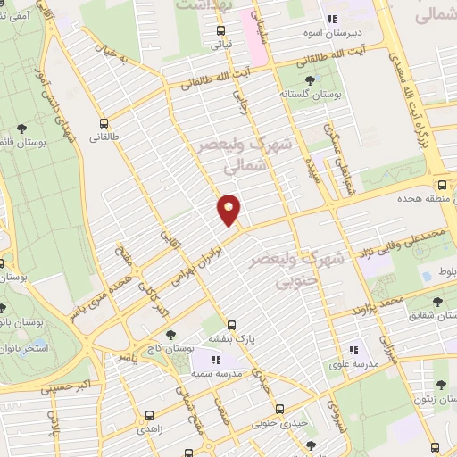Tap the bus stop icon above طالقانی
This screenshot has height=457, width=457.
pyautogui.click(x=104, y=124)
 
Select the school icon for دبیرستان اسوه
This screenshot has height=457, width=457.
pyautogui.click(x=334, y=20)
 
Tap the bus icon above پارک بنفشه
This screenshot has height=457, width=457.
pyautogui.click(x=232, y=325)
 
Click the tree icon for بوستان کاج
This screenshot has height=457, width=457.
pyautogui.click(x=145, y=335)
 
